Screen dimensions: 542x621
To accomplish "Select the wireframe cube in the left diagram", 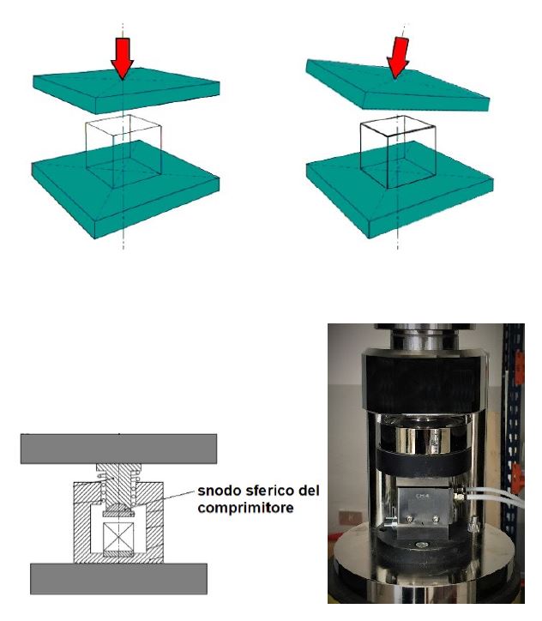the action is [123, 151].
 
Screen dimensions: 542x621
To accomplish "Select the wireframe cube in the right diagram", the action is [398, 152].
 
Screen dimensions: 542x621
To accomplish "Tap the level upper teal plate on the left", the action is [126, 91].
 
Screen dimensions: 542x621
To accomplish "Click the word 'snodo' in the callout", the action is [220, 491].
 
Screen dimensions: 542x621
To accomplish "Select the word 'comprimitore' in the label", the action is [245, 508].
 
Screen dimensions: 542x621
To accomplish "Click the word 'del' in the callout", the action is [308, 491].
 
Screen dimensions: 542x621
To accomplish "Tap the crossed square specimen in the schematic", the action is [118, 537].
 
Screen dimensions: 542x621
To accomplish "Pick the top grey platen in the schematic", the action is [118, 449].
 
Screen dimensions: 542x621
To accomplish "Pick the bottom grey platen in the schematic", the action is [118, 579].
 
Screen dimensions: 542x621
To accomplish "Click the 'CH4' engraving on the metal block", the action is [419, 496].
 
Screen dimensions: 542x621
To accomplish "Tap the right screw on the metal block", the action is [436, 518].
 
